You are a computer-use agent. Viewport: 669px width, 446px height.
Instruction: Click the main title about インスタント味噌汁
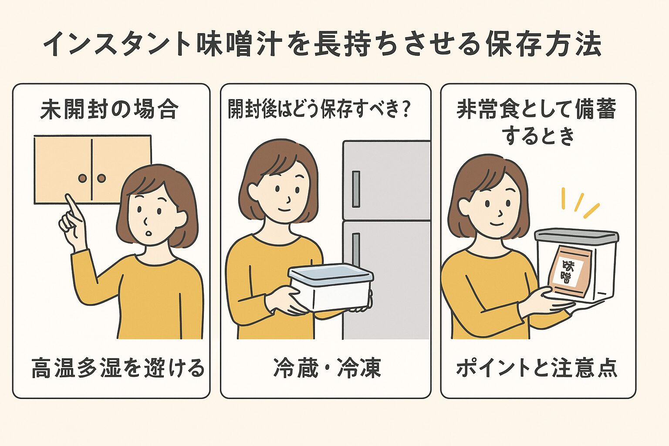[322, 44]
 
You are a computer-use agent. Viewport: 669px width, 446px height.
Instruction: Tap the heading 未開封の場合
[109, 109]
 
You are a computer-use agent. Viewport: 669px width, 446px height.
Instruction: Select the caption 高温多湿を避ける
[118, 368]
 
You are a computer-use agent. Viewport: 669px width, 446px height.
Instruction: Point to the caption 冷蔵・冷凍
[327, 368]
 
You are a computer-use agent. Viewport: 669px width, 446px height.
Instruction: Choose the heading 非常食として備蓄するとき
[537, 122]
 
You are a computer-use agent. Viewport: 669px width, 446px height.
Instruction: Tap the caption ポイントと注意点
[537, 368]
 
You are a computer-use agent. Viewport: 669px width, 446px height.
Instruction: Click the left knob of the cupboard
[83, 178]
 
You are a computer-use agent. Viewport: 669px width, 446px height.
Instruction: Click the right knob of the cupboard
[101, 178]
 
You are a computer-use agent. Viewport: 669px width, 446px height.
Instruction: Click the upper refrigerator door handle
[356, 189]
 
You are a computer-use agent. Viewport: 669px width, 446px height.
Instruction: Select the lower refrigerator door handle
[356, 248]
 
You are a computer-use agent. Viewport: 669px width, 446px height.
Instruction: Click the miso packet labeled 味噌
[568, 270]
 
